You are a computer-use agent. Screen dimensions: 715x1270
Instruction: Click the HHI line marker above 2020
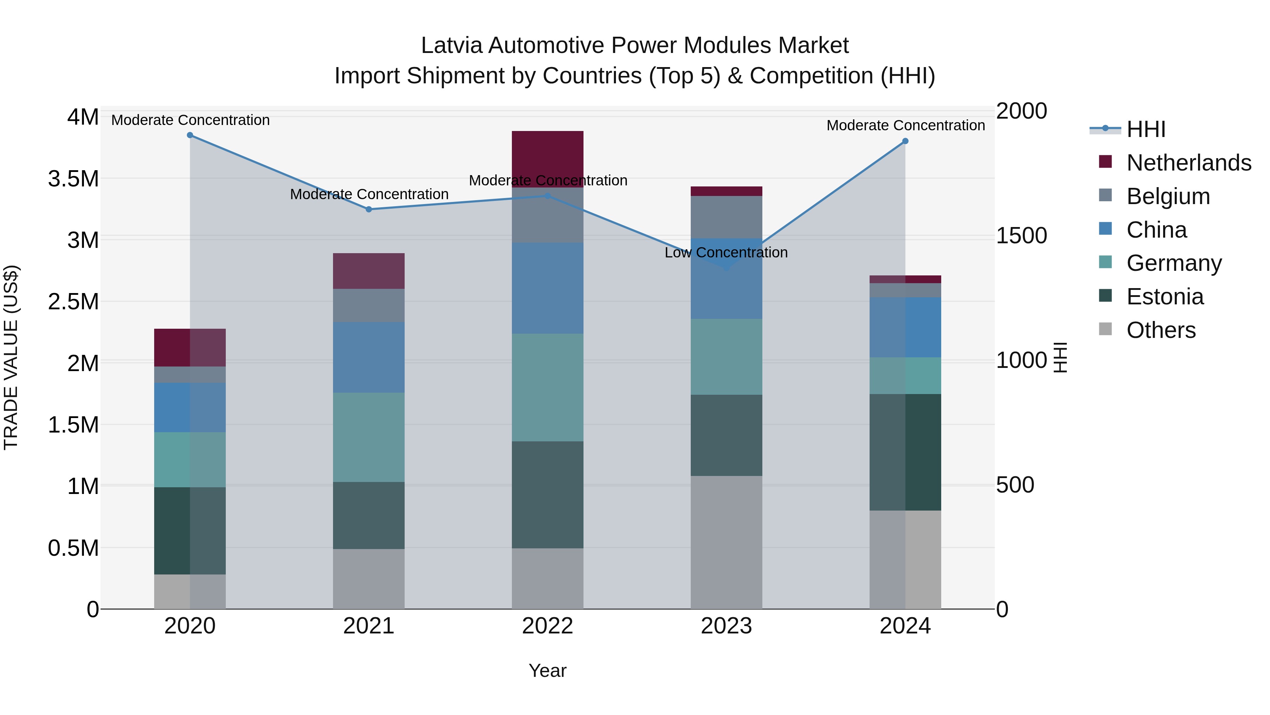tap(190, 135)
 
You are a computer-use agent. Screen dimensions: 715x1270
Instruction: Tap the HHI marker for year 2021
tap(369, 209)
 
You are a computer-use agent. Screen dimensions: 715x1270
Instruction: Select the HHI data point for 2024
tap(905, 141)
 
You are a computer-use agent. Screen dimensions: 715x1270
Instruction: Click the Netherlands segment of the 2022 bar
tap(547, 159)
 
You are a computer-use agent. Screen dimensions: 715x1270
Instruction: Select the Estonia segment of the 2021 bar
tap(369, 515)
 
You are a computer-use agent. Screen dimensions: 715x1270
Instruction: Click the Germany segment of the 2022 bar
tap(547, 387)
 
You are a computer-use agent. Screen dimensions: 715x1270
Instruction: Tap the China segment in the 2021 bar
tap(369, 357)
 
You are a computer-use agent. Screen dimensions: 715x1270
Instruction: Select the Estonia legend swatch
tap(1105, 296)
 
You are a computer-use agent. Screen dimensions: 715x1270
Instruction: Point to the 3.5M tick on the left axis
tap(73, 179)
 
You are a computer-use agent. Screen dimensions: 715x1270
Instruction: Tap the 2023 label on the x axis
tap(726, 626)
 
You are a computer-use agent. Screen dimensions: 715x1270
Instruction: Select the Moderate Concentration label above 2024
tap(905, 125)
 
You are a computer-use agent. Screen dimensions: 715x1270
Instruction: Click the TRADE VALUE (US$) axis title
tap(11, 357)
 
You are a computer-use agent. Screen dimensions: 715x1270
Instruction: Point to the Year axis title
tap(547, 671)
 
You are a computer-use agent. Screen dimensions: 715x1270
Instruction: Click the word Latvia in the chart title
tap(451, 46)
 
